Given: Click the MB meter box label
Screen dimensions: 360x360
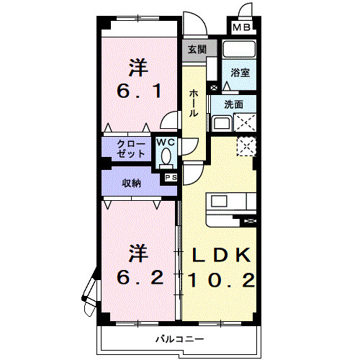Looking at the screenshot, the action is pos(242,27).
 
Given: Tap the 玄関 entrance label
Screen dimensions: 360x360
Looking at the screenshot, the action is pos(197,50).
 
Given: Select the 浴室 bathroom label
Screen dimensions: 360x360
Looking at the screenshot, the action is pos(240,73).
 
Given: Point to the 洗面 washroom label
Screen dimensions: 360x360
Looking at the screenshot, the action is pos(234,104).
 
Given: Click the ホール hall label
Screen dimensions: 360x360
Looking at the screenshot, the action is pos(194,104).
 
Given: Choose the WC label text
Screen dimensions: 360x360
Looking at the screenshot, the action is pos(166,143).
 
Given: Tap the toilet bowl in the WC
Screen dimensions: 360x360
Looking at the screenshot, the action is pos(166,156).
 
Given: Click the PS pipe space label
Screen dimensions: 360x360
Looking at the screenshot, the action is pos(171,178).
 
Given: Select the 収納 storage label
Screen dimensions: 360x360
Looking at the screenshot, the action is pos(132,184).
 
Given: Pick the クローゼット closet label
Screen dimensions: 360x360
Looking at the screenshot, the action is pos(131,149).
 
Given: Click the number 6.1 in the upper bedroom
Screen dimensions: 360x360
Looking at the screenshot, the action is pos(139,91).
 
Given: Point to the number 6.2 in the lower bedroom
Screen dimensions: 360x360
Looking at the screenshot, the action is pos(140,277).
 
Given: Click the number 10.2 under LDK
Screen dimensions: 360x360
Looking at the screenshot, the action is pos(221,280).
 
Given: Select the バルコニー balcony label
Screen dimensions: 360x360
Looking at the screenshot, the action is pos(180,339).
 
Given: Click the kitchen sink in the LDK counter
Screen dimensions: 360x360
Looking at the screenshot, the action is pos(219,201).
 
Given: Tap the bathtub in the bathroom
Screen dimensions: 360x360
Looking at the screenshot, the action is pos(239,49).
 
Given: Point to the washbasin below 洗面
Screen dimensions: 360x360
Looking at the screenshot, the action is pos(222,123).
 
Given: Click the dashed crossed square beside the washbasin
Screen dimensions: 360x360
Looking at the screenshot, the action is pos(245,122).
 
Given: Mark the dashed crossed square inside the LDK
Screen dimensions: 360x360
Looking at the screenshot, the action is pos(246,147).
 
